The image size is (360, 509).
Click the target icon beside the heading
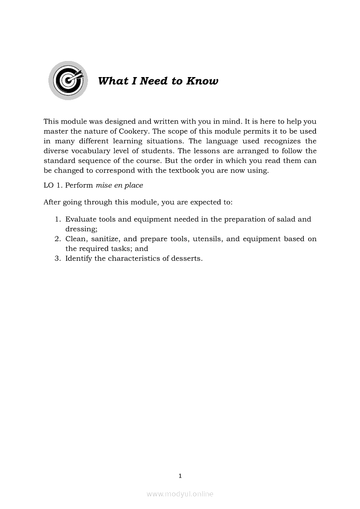tap(68, 81)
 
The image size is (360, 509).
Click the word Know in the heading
tap(202, 81)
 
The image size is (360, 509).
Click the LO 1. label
tap(53, 185)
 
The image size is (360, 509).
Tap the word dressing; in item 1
tap(81, 229)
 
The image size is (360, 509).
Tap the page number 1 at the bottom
tap(180, 476)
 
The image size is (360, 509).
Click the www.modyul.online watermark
tap(180, 494)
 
